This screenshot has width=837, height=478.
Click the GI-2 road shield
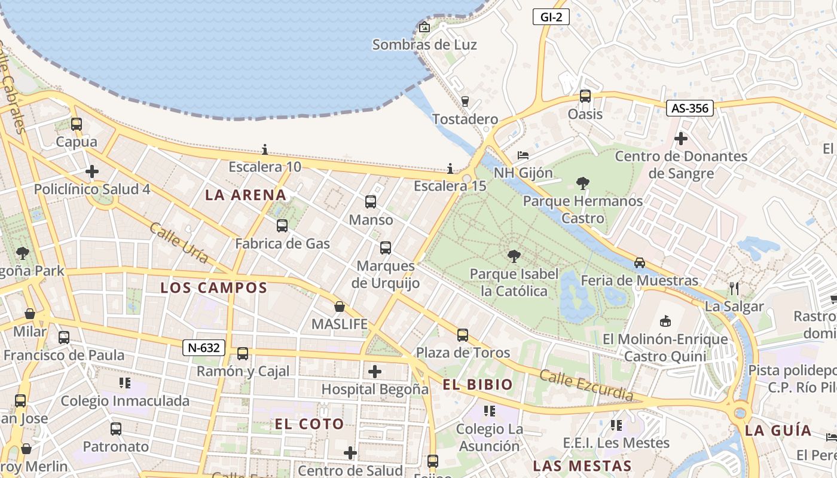coord(551,17)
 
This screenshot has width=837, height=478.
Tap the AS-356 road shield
coord(689,108)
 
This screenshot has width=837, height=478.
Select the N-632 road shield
coord(204,348)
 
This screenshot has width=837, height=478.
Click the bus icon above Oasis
coord(585,96)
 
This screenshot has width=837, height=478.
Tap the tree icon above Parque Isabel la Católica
coord(514,257)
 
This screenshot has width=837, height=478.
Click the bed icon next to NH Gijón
coord(523,155)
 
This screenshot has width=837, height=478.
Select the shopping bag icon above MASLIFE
coord(340,307)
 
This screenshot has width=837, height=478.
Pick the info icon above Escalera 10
coord(265,149)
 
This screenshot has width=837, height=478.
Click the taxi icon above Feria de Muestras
coord(640,263)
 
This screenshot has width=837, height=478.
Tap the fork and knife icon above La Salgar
coord(734,289)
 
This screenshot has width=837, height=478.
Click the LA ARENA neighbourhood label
coord(246,195)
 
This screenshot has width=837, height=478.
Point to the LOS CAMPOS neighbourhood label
coord(213,287)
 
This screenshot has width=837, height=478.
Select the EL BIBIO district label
coord(478,384)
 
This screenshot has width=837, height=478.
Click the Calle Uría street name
coord(178,243)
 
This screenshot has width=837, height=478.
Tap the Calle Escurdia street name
coord(586,385)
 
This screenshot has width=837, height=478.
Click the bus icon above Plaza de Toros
coord(463,335)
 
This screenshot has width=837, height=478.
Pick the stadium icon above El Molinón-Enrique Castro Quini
coord(665,321)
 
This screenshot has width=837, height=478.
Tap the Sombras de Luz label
coord(424,45)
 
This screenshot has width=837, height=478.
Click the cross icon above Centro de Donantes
coord(680,139)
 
